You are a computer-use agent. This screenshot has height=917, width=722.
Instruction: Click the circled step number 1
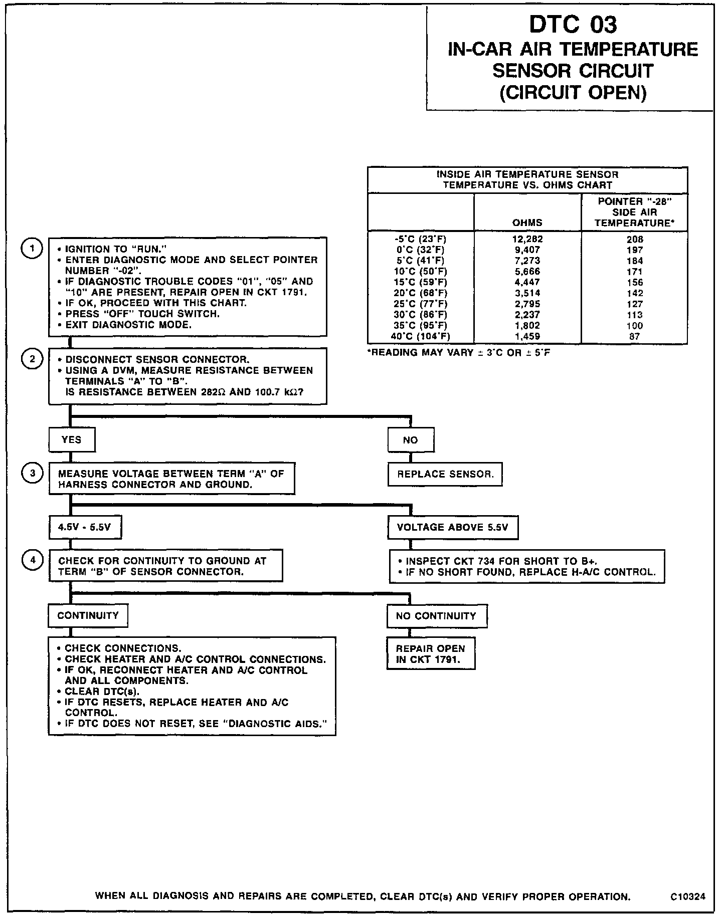[33, 249]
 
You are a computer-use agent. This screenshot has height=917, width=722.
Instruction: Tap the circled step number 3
[33, 474]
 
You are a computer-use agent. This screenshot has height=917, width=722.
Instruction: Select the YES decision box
[72, 439]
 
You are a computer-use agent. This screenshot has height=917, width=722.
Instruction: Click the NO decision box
[411, 439]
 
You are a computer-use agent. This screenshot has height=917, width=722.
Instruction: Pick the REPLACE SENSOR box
[445, 474]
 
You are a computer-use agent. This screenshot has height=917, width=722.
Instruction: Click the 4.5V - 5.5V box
[85, 527]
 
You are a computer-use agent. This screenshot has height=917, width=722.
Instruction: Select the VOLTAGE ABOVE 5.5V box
[453, 527]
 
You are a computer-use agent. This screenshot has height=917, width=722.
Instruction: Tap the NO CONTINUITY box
[436, 616]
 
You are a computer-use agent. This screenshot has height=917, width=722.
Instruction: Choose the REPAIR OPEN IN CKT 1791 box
[430, 654]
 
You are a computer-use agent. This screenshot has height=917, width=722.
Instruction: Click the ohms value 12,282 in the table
[527, 239]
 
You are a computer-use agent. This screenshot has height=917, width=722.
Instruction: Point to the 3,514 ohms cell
[527, 293]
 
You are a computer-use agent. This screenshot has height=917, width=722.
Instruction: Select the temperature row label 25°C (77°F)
[420, 304]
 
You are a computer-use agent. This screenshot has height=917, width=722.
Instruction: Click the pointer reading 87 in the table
[635, 337]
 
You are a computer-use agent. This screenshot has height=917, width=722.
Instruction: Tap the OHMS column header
[527, 222]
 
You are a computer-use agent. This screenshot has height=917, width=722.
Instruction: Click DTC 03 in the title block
[573, 24]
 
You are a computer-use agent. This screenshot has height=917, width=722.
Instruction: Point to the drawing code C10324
[688, 897]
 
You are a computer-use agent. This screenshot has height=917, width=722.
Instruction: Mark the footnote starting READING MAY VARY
[459, 353]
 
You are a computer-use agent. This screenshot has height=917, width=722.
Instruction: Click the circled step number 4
[33, 560]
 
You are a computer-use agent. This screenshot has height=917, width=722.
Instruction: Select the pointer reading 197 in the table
[635, 250]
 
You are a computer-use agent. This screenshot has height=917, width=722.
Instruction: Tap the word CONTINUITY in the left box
[88, 615]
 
